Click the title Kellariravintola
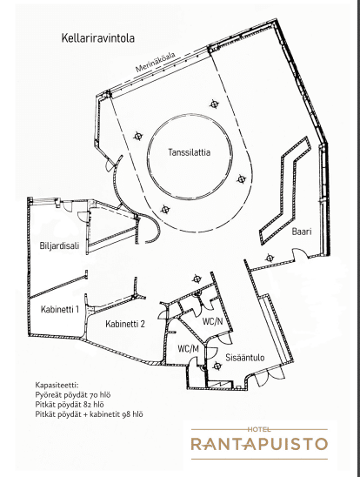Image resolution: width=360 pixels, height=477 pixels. [x=97, y=38]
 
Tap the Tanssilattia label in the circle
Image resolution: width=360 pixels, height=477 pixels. [x=190, y=152]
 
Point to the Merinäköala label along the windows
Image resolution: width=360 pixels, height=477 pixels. [x=156, y=63]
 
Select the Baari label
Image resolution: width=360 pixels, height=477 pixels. [x=302, y=232]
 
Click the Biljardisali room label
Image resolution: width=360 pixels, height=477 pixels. [x=59, y=245]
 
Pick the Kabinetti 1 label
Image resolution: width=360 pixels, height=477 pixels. [x=60, y=309]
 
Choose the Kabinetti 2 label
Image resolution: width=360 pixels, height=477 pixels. [x=125, y=324]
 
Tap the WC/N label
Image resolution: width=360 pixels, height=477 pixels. [x=213, y=321]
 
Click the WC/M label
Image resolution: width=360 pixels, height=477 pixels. [x=189, y=349]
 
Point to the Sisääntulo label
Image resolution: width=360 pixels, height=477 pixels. [x=245, y=358]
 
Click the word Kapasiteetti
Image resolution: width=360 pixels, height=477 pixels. [x=57, y=385]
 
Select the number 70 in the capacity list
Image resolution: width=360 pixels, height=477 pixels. [x=94, y=395]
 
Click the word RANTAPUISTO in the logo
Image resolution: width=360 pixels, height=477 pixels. [x=259, y=444]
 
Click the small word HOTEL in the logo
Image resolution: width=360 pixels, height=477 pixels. [x=259, y=429]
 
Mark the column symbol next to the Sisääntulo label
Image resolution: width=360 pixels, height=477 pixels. [x=217, y=366]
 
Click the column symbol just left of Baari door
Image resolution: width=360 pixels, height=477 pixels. [x=270, y=259]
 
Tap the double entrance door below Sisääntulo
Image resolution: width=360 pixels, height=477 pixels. [x=268, y=376]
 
